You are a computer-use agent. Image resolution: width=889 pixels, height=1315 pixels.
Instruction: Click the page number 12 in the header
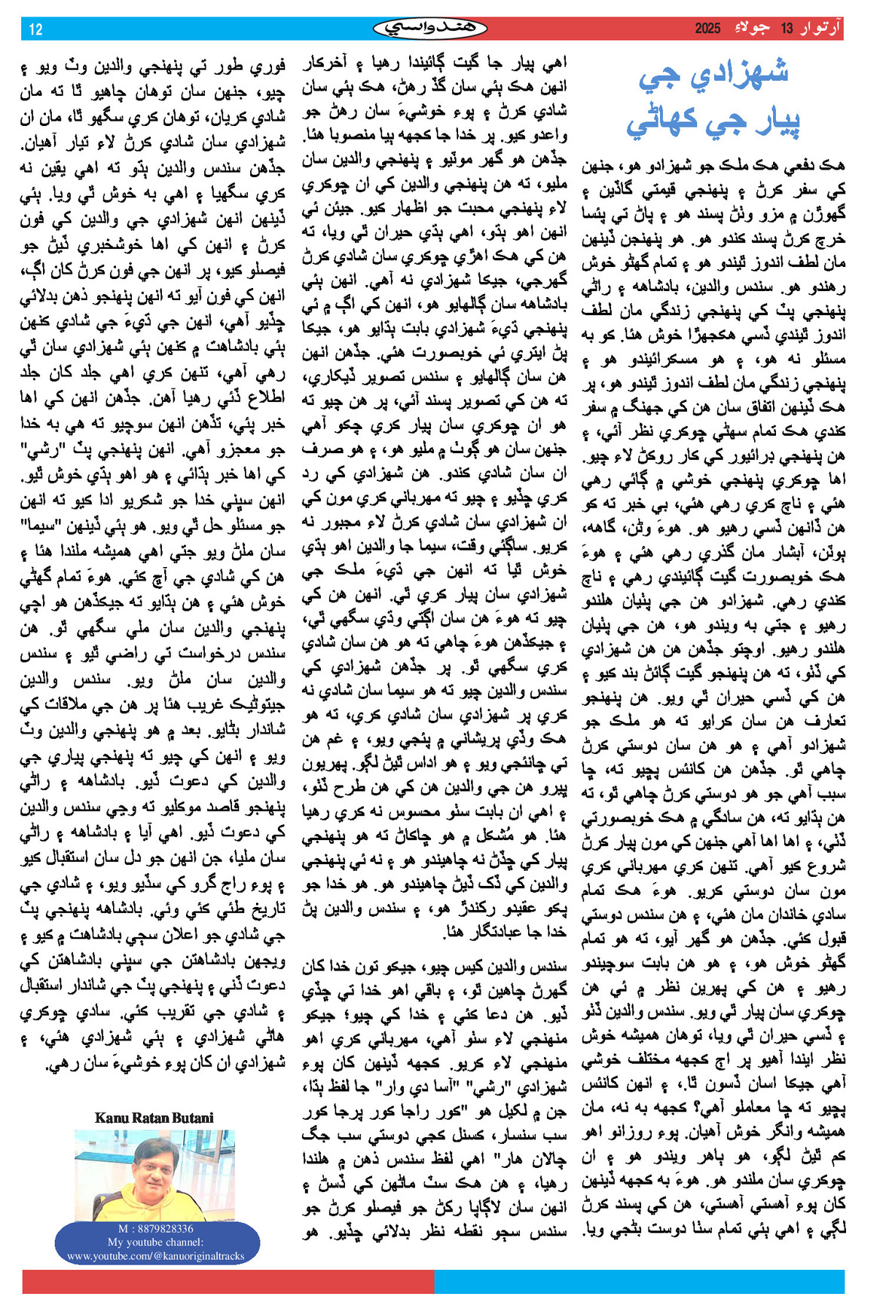[35, 29]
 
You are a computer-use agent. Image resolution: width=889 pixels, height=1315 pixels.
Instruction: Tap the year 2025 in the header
[707, 29]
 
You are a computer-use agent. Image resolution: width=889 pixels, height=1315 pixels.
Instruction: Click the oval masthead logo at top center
[430, 29]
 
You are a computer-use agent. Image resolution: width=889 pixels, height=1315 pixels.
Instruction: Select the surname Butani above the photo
[191, 1117]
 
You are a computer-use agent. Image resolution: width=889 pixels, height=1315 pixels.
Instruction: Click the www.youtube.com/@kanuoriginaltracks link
[156, 1255]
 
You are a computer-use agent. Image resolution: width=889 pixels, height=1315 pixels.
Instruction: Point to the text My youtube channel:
[155, 1242]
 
